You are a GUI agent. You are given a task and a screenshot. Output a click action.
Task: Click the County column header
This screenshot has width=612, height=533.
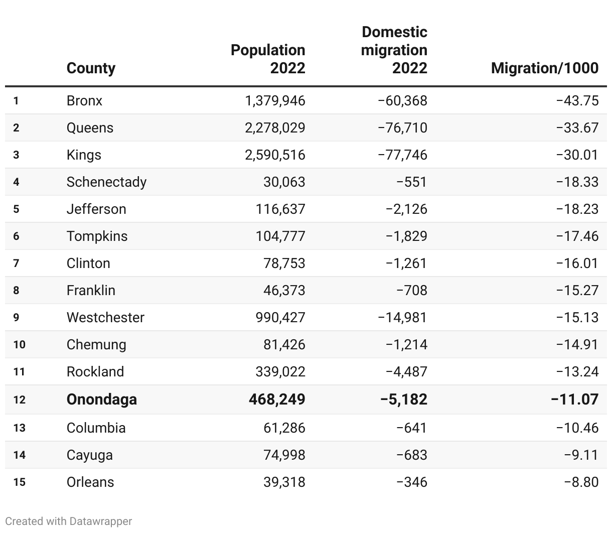point(91,68)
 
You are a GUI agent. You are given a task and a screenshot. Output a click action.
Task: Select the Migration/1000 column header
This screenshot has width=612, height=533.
point(545,68)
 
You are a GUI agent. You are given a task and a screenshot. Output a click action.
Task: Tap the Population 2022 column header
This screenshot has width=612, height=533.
point(268,59)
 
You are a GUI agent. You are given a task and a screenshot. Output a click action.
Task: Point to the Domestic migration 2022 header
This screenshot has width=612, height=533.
point(394,50)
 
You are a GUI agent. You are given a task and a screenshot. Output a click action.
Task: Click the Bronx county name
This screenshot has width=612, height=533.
point(84,100)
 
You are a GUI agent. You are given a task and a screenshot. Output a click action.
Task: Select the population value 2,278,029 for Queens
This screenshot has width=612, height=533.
point(275,127)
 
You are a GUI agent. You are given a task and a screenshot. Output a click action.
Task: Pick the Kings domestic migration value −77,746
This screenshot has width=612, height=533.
point(402,155)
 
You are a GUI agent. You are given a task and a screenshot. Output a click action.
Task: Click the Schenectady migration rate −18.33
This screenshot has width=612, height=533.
point(577,182)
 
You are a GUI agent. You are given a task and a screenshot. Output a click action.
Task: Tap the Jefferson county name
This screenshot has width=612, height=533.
point(96,209)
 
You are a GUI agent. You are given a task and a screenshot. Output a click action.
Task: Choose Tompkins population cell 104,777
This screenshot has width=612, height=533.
point(280,236)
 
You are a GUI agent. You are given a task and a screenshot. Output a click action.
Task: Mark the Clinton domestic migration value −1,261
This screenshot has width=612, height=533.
point(406,263)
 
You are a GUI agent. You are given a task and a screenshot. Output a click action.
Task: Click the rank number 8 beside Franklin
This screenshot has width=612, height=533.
point(16,290)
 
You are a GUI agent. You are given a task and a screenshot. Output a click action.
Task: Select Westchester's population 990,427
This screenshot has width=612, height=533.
point(280,317)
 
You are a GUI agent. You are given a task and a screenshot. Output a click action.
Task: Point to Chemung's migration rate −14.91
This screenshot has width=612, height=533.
point(577,344)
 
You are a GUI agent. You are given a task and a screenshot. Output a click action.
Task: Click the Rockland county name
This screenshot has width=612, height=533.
point(95,371)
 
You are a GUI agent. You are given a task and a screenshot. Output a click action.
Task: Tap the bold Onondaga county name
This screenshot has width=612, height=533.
point(102,399)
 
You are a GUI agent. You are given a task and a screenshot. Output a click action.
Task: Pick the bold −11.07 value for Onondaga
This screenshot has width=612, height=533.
point(574,399)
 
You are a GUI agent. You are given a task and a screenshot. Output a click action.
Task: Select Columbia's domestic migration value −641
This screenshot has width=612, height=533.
point(411,428)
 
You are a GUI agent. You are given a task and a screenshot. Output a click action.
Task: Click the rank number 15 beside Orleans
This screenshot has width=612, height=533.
point(19,482)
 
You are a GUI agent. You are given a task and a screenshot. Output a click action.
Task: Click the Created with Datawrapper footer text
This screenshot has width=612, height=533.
point(69,521)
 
